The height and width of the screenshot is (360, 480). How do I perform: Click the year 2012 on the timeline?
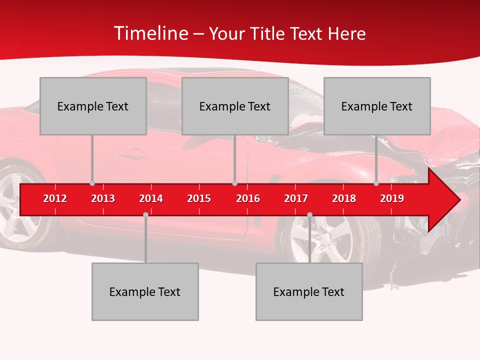point(55,198)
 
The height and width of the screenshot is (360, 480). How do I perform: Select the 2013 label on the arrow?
point(103,198)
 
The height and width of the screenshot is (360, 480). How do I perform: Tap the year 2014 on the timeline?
point(151,198)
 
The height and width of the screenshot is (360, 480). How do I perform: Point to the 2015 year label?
point(199,198)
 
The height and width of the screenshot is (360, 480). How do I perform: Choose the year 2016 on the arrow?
point(248,198)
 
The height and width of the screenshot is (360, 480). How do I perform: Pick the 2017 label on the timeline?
point(296,198)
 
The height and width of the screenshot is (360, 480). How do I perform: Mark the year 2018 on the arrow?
point(344,198)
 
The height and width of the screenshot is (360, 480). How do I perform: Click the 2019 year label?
point(392,198)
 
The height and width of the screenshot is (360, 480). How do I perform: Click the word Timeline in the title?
point(150,33)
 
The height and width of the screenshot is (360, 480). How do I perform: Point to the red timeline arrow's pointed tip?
point(458,199)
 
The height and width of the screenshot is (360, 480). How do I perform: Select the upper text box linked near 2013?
point(93,106)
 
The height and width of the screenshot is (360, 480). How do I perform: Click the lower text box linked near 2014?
point(145,291)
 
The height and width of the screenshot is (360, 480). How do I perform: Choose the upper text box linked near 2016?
point(235,106)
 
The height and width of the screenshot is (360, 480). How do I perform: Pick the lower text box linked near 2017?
point(309,291)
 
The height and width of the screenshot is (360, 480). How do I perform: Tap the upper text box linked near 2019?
point(377,106)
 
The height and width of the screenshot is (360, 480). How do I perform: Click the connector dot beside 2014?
point(145,214)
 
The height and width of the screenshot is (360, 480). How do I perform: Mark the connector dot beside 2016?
point(234,183)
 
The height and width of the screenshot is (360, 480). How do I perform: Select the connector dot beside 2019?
point(376,183)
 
